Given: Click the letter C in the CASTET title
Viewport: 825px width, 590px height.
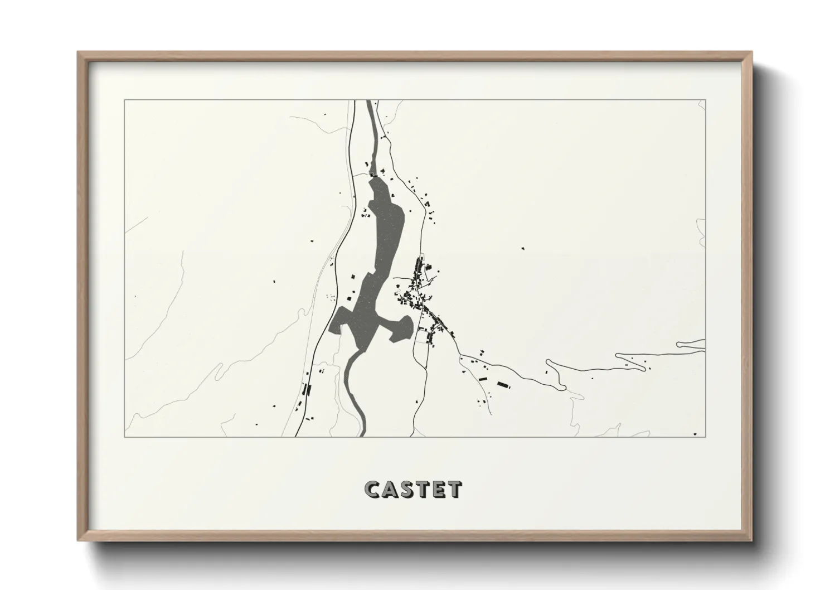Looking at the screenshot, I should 372,489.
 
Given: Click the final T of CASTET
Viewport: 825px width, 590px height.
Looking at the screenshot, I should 454,489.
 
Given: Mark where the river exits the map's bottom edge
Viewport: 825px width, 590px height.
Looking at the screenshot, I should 363,434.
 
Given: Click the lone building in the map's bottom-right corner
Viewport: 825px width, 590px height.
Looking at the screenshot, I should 695,433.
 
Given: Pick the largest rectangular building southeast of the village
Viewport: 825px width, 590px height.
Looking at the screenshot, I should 503,384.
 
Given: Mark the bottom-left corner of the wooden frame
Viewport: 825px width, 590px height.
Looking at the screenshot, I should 79,540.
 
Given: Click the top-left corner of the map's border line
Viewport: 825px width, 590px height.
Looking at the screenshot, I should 124,100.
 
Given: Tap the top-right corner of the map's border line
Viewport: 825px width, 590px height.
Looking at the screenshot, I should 706,100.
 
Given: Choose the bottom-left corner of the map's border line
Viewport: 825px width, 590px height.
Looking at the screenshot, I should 124,437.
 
